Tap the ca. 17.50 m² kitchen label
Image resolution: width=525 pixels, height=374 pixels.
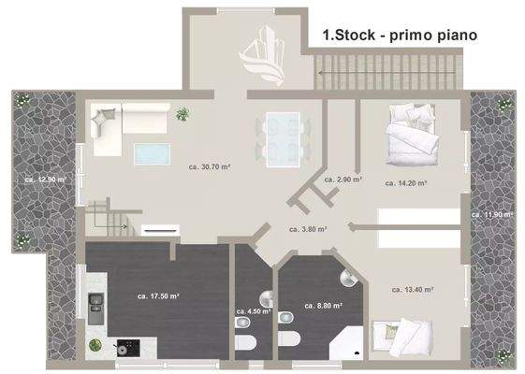[158, 296]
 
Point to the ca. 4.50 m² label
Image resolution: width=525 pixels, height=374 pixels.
[254, 311]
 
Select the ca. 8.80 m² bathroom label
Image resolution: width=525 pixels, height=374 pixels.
[323, 305]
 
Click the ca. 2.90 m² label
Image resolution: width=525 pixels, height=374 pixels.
[343, 179]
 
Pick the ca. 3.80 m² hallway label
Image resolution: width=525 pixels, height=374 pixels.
[308, 227]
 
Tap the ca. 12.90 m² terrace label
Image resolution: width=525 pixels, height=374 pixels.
[45, 179]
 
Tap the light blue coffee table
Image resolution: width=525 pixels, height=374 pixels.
[153, 153]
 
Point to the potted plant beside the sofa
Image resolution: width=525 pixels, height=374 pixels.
[183, 114]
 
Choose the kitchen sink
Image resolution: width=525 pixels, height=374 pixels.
[96, 305]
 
